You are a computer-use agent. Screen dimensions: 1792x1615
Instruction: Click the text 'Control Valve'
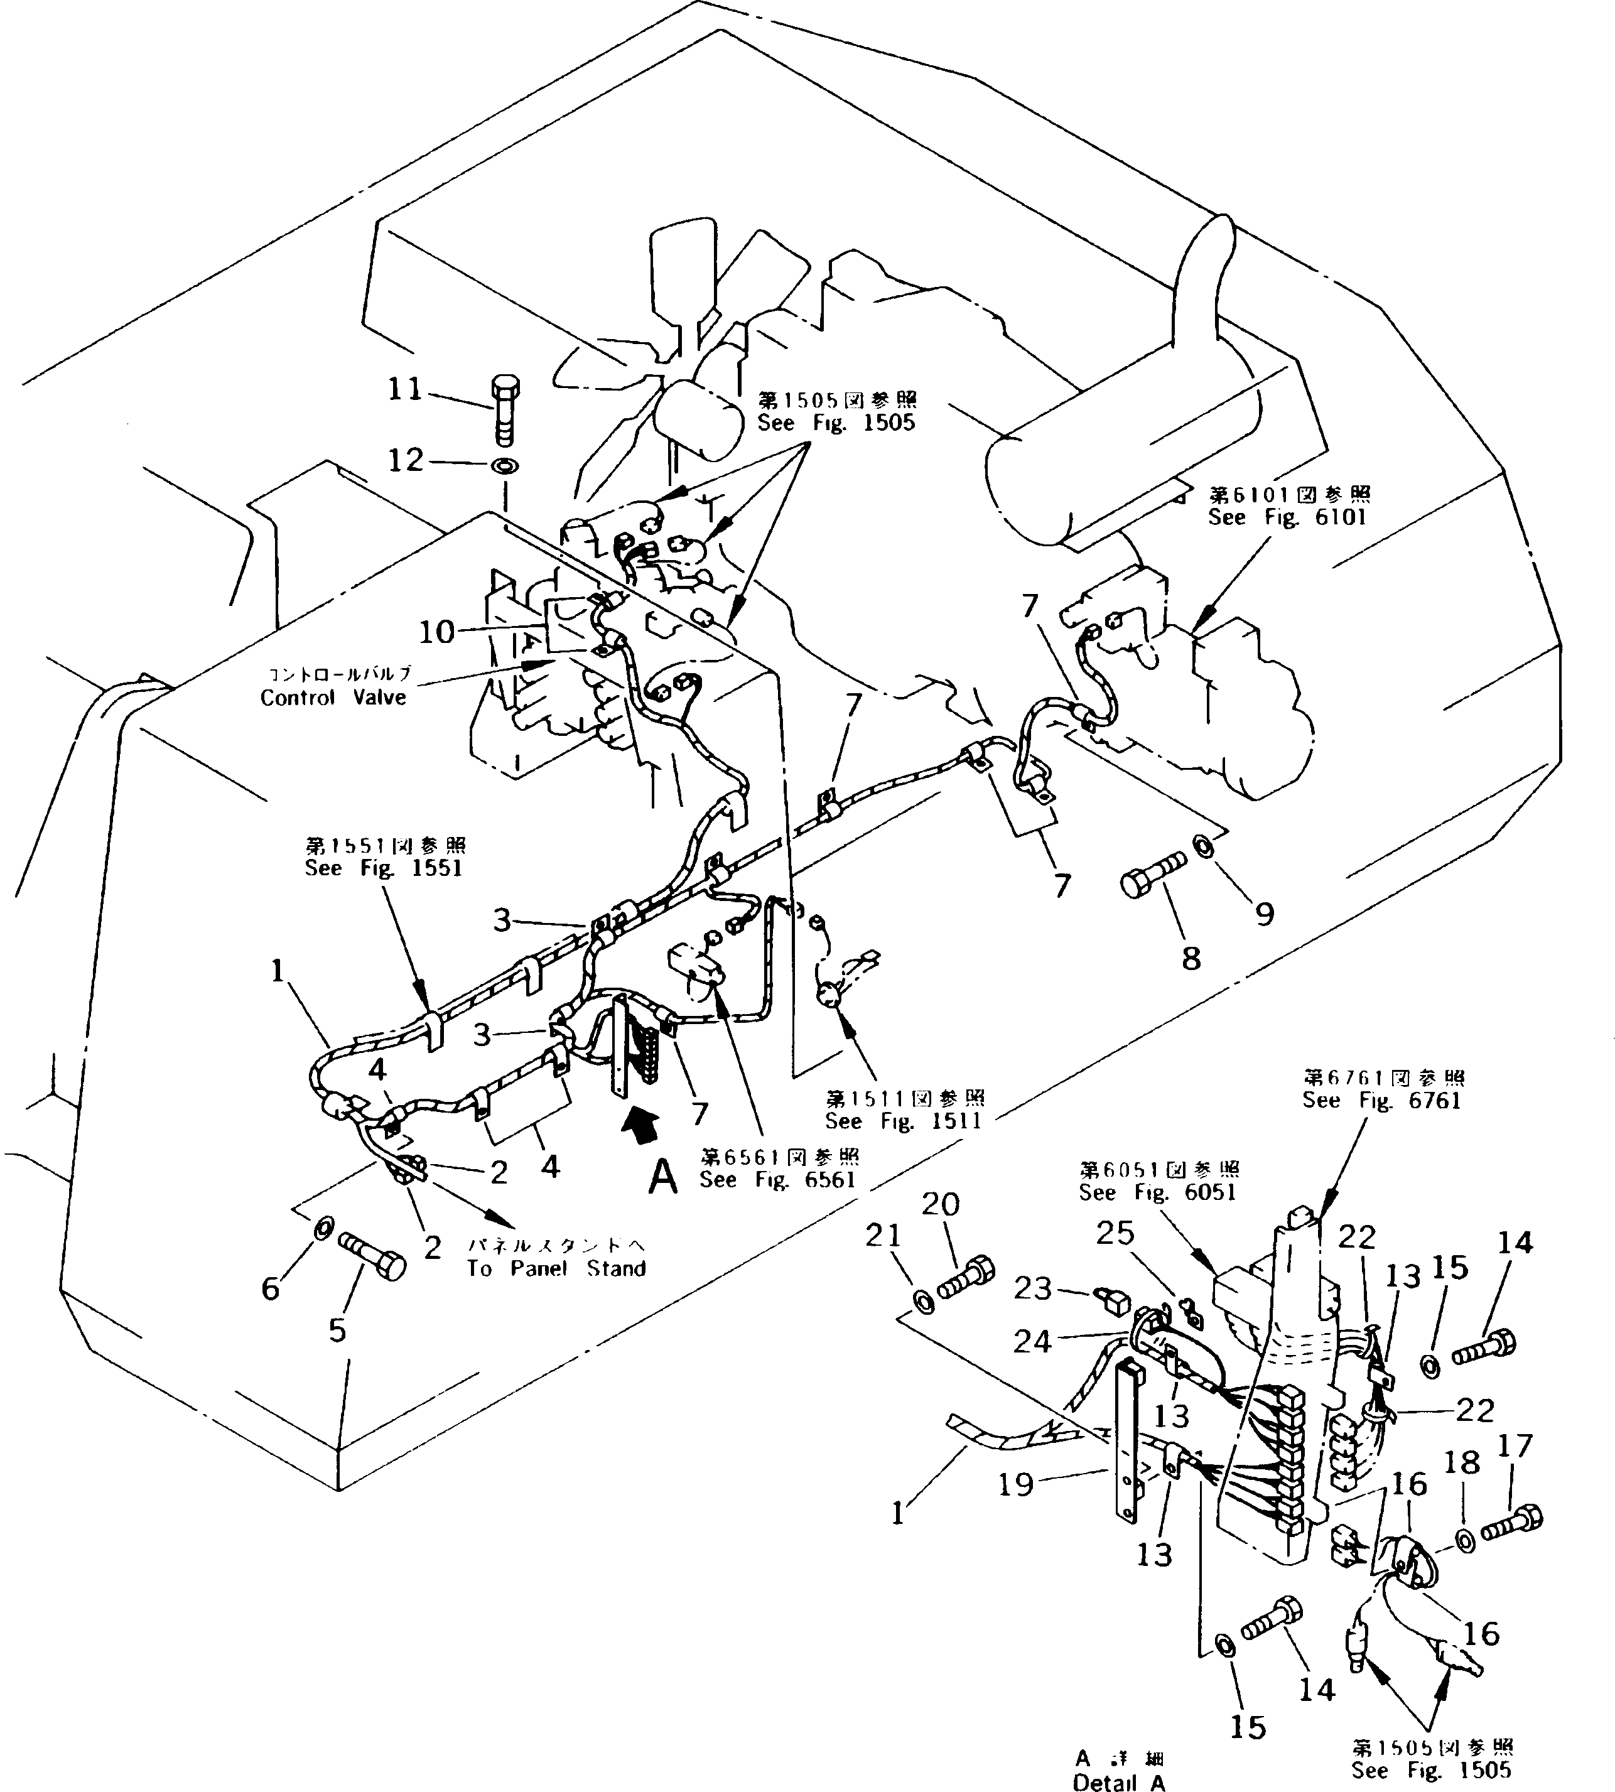333,698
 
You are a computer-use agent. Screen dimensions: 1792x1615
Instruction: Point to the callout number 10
436,632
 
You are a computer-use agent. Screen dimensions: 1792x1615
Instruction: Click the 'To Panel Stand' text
556,1268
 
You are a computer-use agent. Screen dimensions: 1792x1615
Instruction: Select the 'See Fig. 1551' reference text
383,868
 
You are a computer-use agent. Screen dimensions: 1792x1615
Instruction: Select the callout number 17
1515,1445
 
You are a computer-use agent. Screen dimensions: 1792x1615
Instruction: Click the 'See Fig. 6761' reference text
1381,1100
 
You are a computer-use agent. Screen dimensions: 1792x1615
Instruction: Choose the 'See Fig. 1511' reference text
904,1120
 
